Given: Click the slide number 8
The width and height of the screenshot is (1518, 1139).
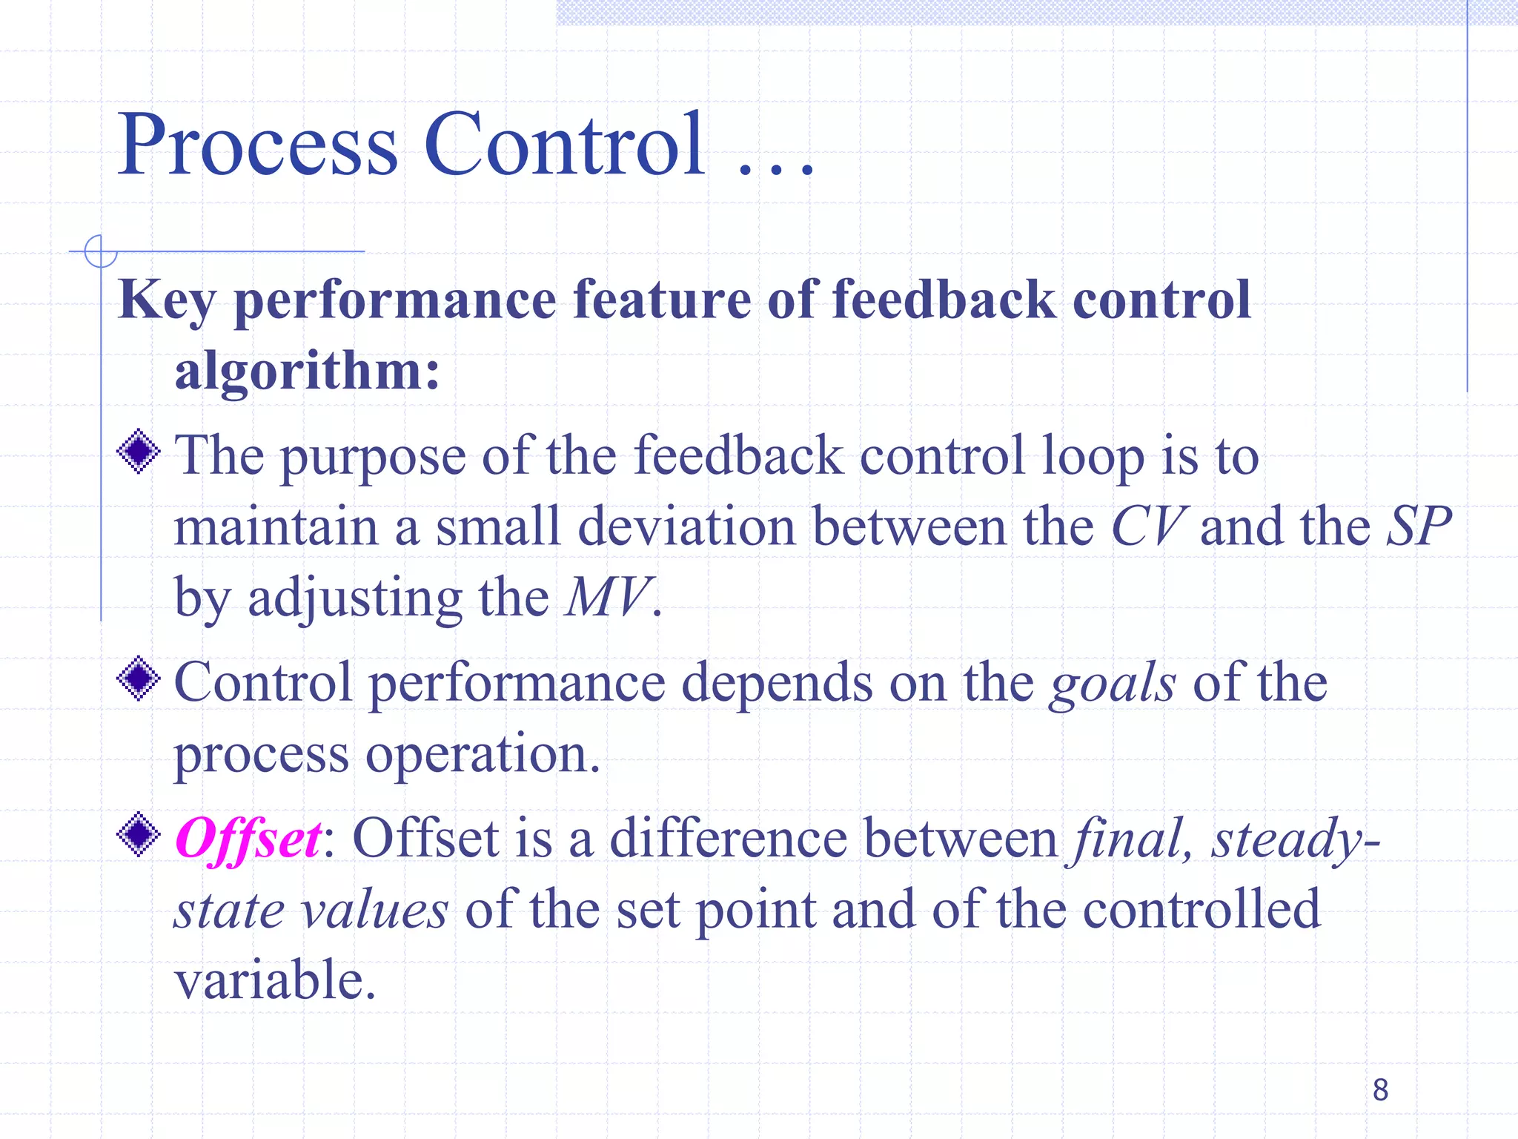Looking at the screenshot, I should (1380, 1089).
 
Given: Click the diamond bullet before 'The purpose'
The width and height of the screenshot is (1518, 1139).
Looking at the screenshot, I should (139, 451).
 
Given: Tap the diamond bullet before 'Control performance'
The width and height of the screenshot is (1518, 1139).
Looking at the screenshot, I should (139, 679).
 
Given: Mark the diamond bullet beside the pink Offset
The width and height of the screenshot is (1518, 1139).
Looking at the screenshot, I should (139, 834).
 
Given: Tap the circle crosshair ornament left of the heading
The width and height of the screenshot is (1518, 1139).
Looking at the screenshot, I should (101, 251).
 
